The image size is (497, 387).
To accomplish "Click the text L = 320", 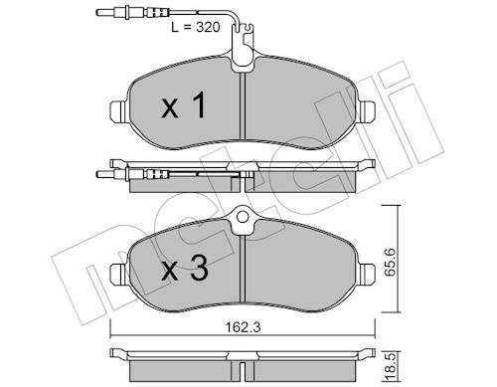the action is (196, 27).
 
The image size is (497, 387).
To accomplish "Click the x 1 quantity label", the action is (184, 105).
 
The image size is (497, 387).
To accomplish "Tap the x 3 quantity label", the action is (185, 269).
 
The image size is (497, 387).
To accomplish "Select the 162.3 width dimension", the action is (243, 327).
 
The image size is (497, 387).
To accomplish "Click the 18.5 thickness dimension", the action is (391, 367).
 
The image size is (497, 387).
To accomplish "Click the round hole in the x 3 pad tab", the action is (243, 217).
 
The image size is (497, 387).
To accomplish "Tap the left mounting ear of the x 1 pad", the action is (118, 110).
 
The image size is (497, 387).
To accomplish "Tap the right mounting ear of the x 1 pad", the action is (367, 110).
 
